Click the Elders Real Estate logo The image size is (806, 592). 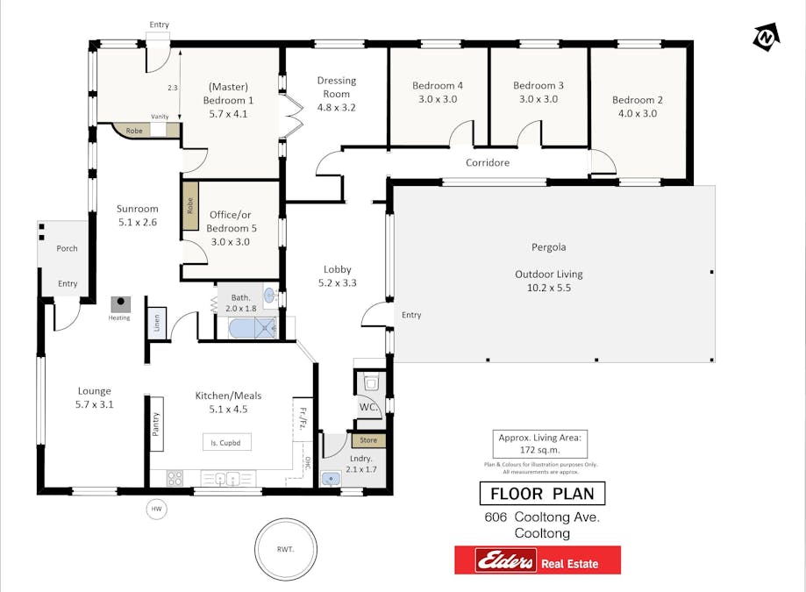click(537, 560)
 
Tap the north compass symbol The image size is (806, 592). click(765, 38)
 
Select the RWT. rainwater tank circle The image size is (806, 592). click(285, 549)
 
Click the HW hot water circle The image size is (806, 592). click(157, 509)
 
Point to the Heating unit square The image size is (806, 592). click(120, 305)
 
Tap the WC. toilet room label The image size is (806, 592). click(367, 408)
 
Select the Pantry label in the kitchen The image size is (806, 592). click(156, 424)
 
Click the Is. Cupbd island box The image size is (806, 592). click(226, 442)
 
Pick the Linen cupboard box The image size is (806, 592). click(155, 323)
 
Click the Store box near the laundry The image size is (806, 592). click(368, 440)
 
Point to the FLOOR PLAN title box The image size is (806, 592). click(542, 494)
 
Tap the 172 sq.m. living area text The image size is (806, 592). click(540, 449)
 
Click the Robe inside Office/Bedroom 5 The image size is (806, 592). click(190, 206)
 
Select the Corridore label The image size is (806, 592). click(488, 162)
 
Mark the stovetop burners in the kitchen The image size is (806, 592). click(175, 478)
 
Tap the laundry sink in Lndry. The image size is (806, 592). click(332, 478)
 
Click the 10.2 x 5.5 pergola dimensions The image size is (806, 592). click(548, 288)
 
